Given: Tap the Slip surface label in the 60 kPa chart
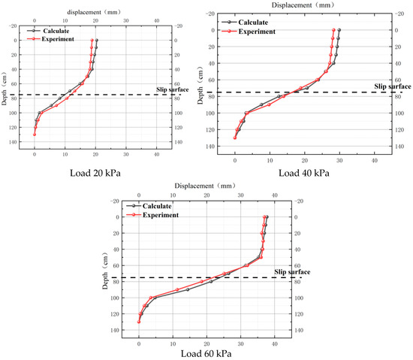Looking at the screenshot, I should pyautogui.click(x=291, y=272).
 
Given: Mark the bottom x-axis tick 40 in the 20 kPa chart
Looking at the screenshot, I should pyautogui.click(x=156, y=154).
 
